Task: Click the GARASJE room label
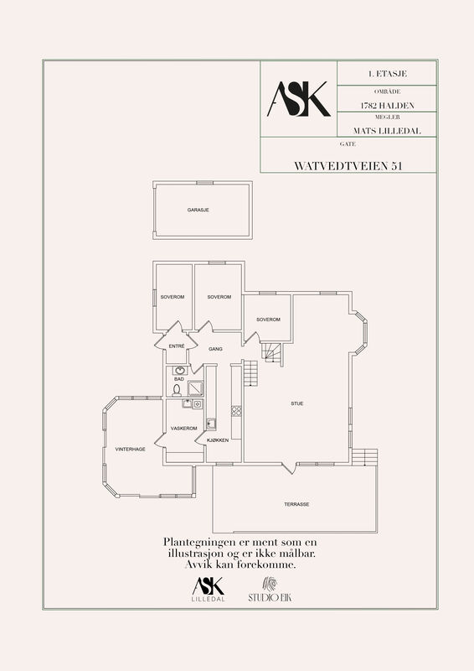(198, 211)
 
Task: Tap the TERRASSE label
(296, 504)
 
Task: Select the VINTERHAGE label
(131, 450)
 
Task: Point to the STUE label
(297, 403)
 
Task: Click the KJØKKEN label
(218, 440)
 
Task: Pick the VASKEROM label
(183, 429)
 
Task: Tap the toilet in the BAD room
(177, 390)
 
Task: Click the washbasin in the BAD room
(180, 371)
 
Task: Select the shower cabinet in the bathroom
(196, 388)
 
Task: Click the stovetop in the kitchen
(236, 411)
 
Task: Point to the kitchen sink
(211, 424)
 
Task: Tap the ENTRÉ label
(177, 346)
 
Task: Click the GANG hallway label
(215, 349)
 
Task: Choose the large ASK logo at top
(299, 99)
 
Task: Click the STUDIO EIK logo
(270, 590)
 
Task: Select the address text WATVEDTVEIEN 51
(348, 166)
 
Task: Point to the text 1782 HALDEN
(387, 106)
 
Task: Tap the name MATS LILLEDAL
(387, 131)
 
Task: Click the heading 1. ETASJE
(387, 74)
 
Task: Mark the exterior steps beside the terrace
(364, 457)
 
